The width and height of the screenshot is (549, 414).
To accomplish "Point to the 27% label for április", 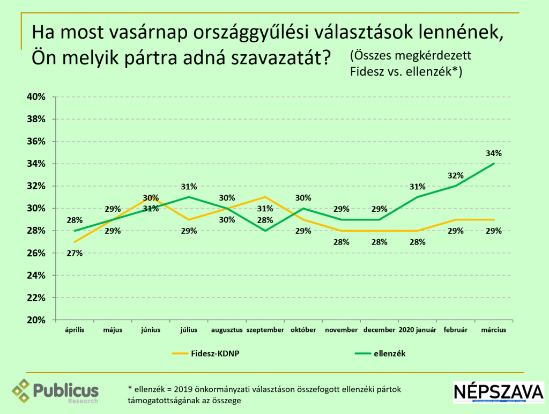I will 75,253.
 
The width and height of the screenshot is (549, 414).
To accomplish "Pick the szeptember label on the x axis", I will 265,330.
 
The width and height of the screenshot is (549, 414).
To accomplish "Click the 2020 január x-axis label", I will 418,330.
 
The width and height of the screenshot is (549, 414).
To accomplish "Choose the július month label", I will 189,330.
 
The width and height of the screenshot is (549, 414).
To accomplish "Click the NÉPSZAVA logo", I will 499,393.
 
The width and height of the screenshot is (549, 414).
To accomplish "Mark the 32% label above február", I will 455,176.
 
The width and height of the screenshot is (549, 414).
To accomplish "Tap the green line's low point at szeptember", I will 265,231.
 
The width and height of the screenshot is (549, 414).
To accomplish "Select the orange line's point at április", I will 75,242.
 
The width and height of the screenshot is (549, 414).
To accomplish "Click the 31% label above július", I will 189,187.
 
